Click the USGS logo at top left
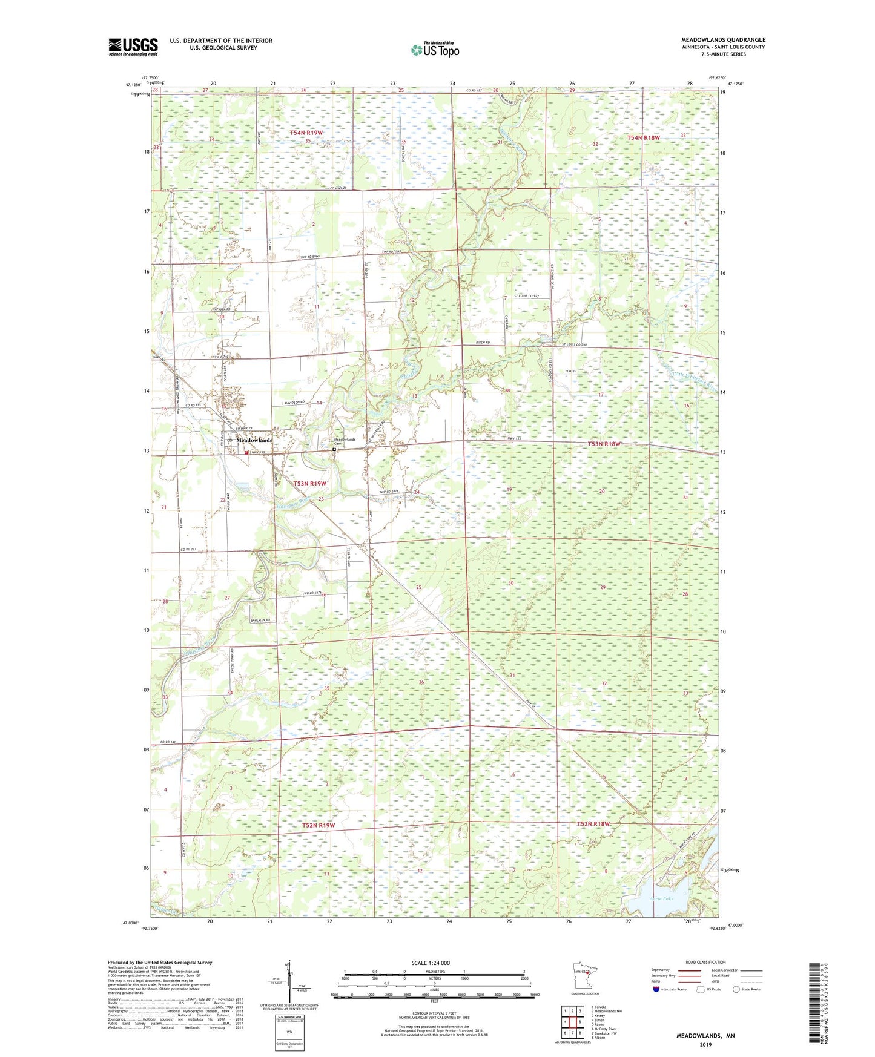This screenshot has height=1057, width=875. pos(133,47)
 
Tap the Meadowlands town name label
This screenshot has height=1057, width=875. pos(254,440)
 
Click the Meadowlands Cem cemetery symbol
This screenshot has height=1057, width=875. pos(334,450)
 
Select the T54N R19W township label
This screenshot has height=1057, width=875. pos(306,132)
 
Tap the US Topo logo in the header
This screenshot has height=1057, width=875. pos(435,50)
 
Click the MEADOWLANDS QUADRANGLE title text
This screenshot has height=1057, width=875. pos(723,40)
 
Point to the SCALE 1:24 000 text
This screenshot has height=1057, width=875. pos(431,963)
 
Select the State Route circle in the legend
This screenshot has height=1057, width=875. pos(736,989)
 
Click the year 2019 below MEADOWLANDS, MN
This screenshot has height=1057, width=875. pos(705,1044)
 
